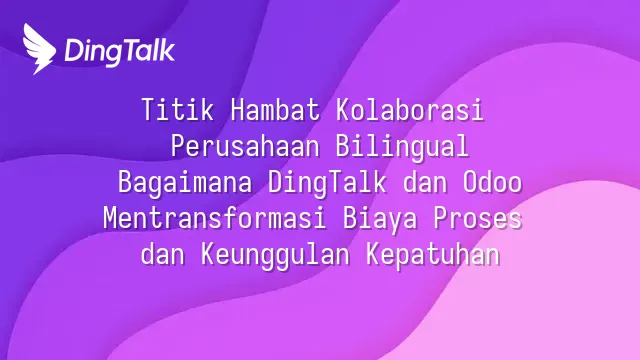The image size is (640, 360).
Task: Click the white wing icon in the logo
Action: click(39, 49)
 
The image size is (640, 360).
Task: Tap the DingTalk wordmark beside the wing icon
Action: click(120, 52)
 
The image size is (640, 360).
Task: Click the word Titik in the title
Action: click(177, 109)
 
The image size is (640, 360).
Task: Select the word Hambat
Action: click(275, 109)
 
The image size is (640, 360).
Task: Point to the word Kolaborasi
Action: click(410, 109)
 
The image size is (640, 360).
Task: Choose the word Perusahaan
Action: click(245, 146)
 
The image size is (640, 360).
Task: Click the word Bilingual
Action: click(402, 147)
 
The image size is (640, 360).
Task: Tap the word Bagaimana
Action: click(185, 183)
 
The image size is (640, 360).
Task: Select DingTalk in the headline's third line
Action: click(327, 183)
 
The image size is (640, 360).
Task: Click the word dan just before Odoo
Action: click(424, 182)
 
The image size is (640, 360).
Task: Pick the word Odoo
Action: click(492, 182)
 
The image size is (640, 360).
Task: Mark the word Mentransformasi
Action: click(215, 218)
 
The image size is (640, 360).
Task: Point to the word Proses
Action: click(478, 219)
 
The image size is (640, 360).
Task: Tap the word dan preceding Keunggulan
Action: click(162, 255)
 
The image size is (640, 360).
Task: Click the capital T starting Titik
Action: click(149, 109)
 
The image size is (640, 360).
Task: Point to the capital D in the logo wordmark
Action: click(74, 51)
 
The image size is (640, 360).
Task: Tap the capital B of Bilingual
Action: click(343, 146)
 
